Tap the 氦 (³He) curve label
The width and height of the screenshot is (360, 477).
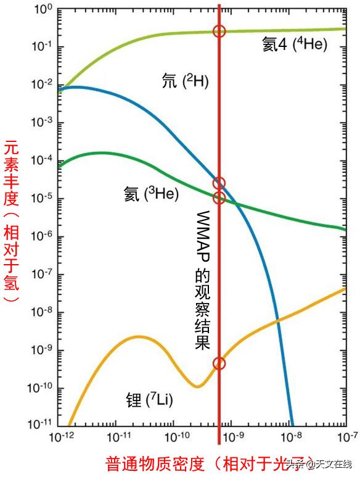point(150,195)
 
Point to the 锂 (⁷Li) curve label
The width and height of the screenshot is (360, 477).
point(148,400)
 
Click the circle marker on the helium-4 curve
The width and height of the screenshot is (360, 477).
point(219,31)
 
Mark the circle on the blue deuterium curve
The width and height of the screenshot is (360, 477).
point(219,183)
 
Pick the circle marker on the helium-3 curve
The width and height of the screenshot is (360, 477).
point(219,197)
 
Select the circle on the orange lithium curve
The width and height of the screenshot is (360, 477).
point(219,363)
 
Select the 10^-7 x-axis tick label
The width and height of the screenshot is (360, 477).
point(348,438)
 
